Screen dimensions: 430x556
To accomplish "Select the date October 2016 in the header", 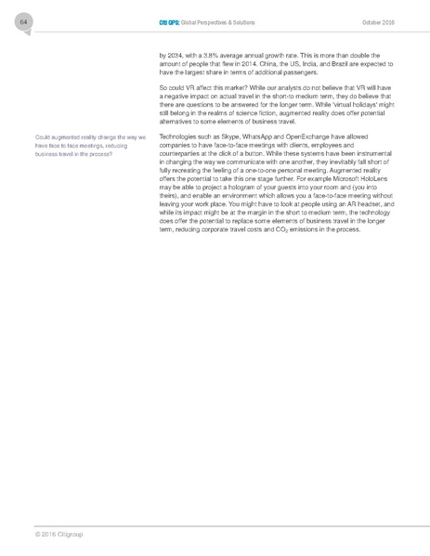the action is pos(376,22).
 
